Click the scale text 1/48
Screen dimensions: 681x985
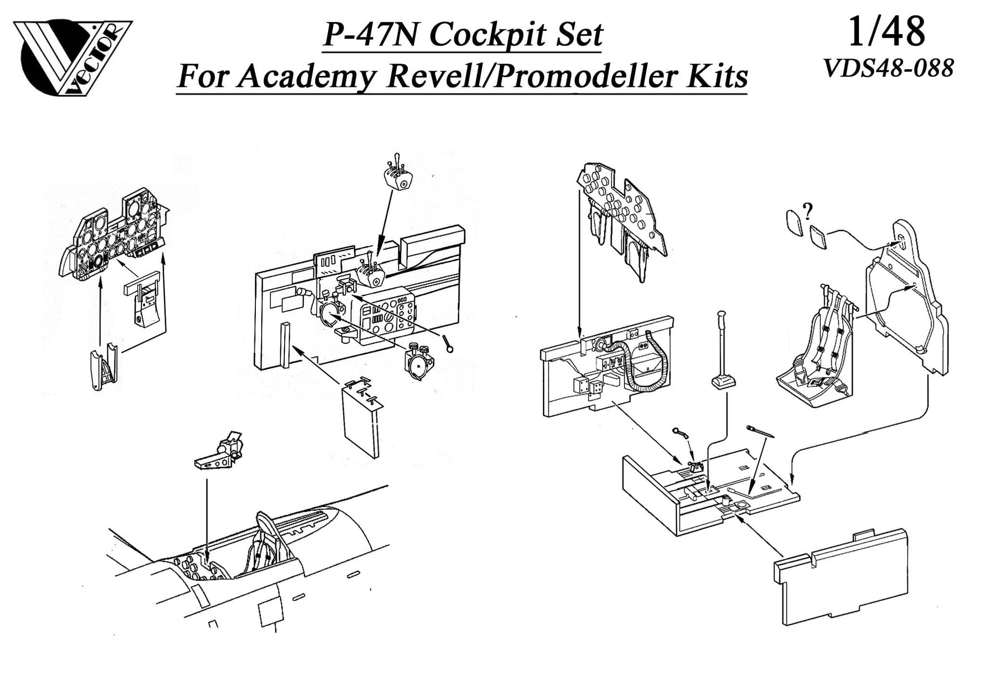886,33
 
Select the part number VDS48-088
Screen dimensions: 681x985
888,68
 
